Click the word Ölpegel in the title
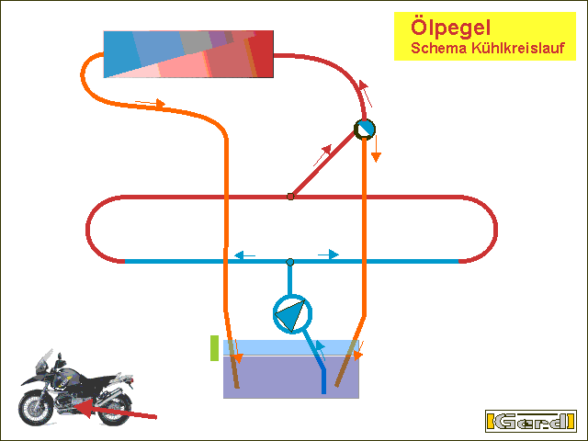450,28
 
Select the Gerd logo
531,421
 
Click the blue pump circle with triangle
292,314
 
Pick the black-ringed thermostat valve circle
365,130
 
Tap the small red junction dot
290,197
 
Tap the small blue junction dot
290,262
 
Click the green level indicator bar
214,348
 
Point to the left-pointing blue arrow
244,255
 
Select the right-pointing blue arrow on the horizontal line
329,254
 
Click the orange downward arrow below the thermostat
376,149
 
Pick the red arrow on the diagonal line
322,155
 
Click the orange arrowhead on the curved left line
161,104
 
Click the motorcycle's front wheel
35,408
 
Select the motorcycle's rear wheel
114,408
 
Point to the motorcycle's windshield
45,359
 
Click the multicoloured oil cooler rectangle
188,54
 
